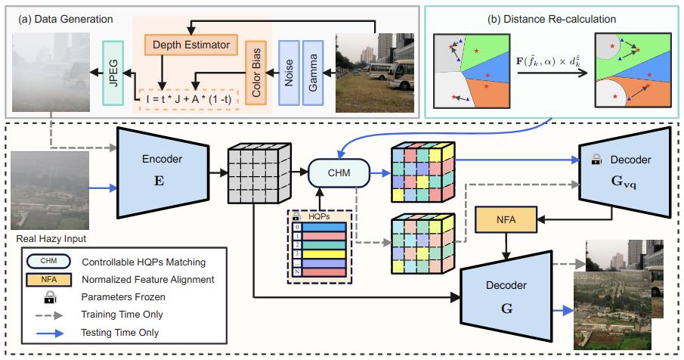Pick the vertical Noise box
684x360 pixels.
coord(288,72)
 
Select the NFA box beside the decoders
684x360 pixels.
coord(503,220)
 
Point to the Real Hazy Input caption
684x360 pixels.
coord(50,239)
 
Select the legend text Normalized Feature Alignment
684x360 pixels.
coord(147,280)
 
